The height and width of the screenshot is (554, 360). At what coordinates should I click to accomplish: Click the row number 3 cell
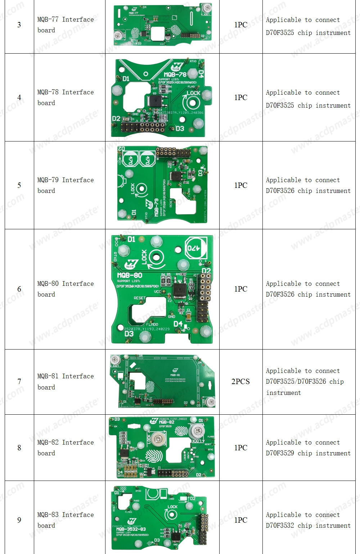pos(19,25)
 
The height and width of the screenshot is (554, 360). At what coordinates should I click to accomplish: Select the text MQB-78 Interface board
pos(65,98)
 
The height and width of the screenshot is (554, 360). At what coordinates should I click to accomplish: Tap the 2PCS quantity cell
pos(240,382)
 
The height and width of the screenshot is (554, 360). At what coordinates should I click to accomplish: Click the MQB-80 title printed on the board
pos(130,275)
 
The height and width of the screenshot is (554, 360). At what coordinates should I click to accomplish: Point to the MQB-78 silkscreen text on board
pos(175,75)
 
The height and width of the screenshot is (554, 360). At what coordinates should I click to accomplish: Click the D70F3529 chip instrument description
pos(308,448)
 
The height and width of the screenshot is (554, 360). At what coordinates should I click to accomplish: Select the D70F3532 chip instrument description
pos(308,520)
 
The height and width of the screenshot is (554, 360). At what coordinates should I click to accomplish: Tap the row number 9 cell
pos(19,520)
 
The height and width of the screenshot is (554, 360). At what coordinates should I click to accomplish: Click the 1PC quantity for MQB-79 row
pos(240,185)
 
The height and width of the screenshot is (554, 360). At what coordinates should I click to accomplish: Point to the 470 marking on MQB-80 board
pos(196,248)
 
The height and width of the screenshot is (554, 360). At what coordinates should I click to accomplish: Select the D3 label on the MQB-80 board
pos(129,334)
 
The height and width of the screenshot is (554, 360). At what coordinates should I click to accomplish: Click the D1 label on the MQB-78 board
pos(126,78)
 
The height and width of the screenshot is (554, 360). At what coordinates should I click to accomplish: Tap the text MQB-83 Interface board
pos(65,520)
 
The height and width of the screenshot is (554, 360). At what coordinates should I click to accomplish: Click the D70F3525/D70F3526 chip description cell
pos(308,382)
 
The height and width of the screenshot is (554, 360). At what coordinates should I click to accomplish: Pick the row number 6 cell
pos(19,289)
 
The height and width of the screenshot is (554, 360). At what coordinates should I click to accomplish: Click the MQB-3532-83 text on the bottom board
pos(131,529)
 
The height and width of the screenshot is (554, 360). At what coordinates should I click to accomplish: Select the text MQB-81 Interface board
pos(65,382)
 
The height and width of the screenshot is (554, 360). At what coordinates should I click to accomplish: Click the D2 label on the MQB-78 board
pos(116,118)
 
